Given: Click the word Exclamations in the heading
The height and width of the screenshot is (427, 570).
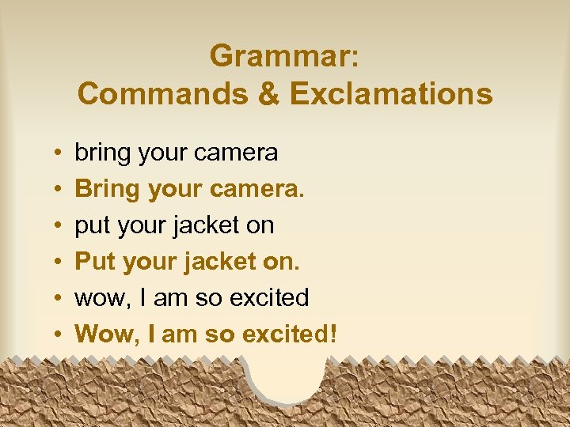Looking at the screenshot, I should point(391,94).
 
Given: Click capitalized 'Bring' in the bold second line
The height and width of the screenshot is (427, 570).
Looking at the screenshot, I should point(105,189).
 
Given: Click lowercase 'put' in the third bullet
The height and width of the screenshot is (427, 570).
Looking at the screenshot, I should point(93,226).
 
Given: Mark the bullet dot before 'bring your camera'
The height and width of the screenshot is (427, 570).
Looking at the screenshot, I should point(59,153).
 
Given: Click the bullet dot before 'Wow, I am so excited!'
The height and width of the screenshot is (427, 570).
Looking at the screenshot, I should point(59,335).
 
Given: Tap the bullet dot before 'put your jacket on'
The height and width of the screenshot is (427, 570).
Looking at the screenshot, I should point(59,226).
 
